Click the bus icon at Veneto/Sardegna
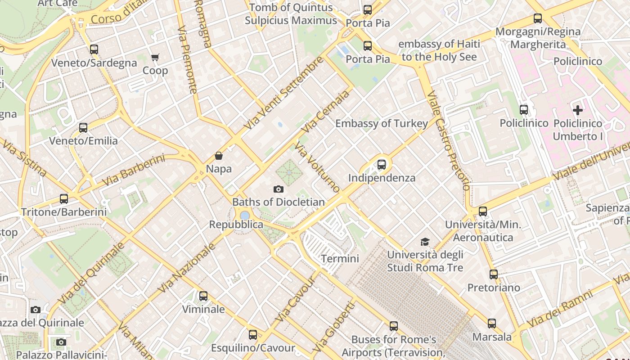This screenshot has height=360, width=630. pyautogui.click(x=94, y=49)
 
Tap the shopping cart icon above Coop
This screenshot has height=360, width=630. pyautogui.click(x=155, y=57)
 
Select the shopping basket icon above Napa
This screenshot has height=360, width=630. pyautogui.click(x=219, y=156)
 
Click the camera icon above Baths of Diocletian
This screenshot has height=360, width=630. pyautogui.click(x=279, y=189)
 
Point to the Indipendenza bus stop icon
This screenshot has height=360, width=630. pyautogui.click(x=382, y=164)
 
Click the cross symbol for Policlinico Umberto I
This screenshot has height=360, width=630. pyautogui.click(x=578, y=110)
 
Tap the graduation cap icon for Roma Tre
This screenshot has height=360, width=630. pyautogui.click(x=425, y=242)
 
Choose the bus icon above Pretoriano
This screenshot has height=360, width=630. pyautogui.click(x=494, y=274)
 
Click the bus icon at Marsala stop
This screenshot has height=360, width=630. pyautogui.click(x=492, y=323)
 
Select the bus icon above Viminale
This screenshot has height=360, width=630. pyautogui.click(x=203, y=296)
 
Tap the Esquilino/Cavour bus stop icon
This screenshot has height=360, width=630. pyautogui.click(x=253, y=334)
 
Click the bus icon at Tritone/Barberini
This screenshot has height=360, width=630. pyautogui.click(x=64, y=198)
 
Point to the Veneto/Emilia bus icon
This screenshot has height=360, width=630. pyautogui.click(x=83, y=127)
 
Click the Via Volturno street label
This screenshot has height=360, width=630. pyautogui.click(x=317, y=167)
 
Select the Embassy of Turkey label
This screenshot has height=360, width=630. pyautogui.click(x=382, y=124)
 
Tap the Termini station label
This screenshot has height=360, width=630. pyautogui.click(x=340, y=259)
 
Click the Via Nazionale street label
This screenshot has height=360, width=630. pyautogui.click(x=187, y=267)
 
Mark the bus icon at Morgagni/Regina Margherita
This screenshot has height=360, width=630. pyautogui.click(x=538, y=18)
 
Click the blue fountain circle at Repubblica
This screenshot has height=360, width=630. pyautogui.click(x=244, y=216)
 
